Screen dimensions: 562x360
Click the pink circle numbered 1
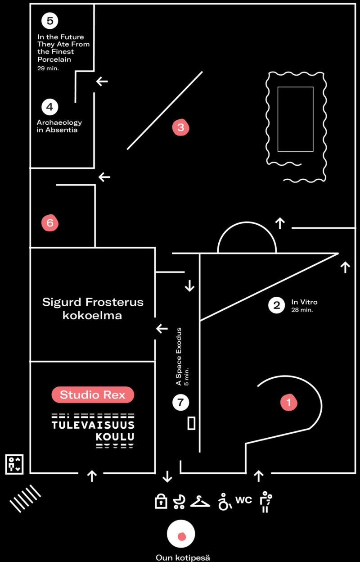click(x=289, y=402)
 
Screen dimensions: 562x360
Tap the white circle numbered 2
click(x=276, y=305)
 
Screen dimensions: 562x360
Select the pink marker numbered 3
click(x=180, y=127)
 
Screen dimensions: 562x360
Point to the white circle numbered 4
click(x=49, y=107)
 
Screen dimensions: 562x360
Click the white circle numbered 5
click(x=49, y=20)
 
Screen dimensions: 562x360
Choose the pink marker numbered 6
click(x=49, y=222)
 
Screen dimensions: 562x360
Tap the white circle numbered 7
click(x=180, y=403)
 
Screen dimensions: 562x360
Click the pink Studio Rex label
click(x=93, y=395)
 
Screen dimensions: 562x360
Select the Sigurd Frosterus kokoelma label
click(x=93, y=308)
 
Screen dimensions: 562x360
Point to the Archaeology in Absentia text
click(x=59, y=126)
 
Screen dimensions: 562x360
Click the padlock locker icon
click(x=161, y=501)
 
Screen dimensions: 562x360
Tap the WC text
click(x=243, y=500)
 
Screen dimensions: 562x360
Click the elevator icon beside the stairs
click(x=14, y=464)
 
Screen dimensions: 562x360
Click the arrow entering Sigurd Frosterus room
click(x=162, y=329)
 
